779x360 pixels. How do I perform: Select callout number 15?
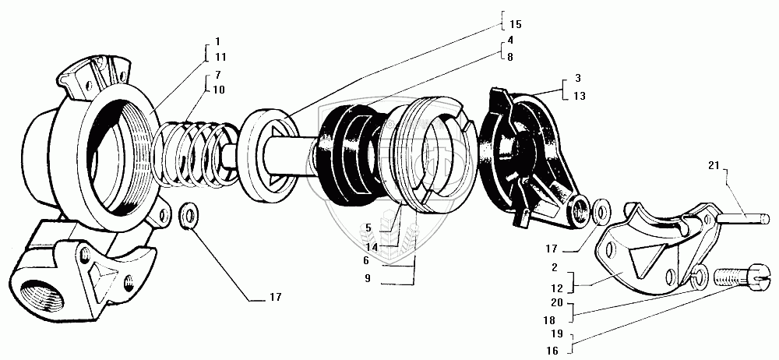pyautogui.click(x=516, y=24)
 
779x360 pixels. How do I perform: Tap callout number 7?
pyautogui.click(x=217, y=76)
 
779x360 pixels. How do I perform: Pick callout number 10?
pyautogui.click(x=219, y=90)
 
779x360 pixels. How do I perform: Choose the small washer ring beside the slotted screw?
pyautogui.click(x=700, y=273)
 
